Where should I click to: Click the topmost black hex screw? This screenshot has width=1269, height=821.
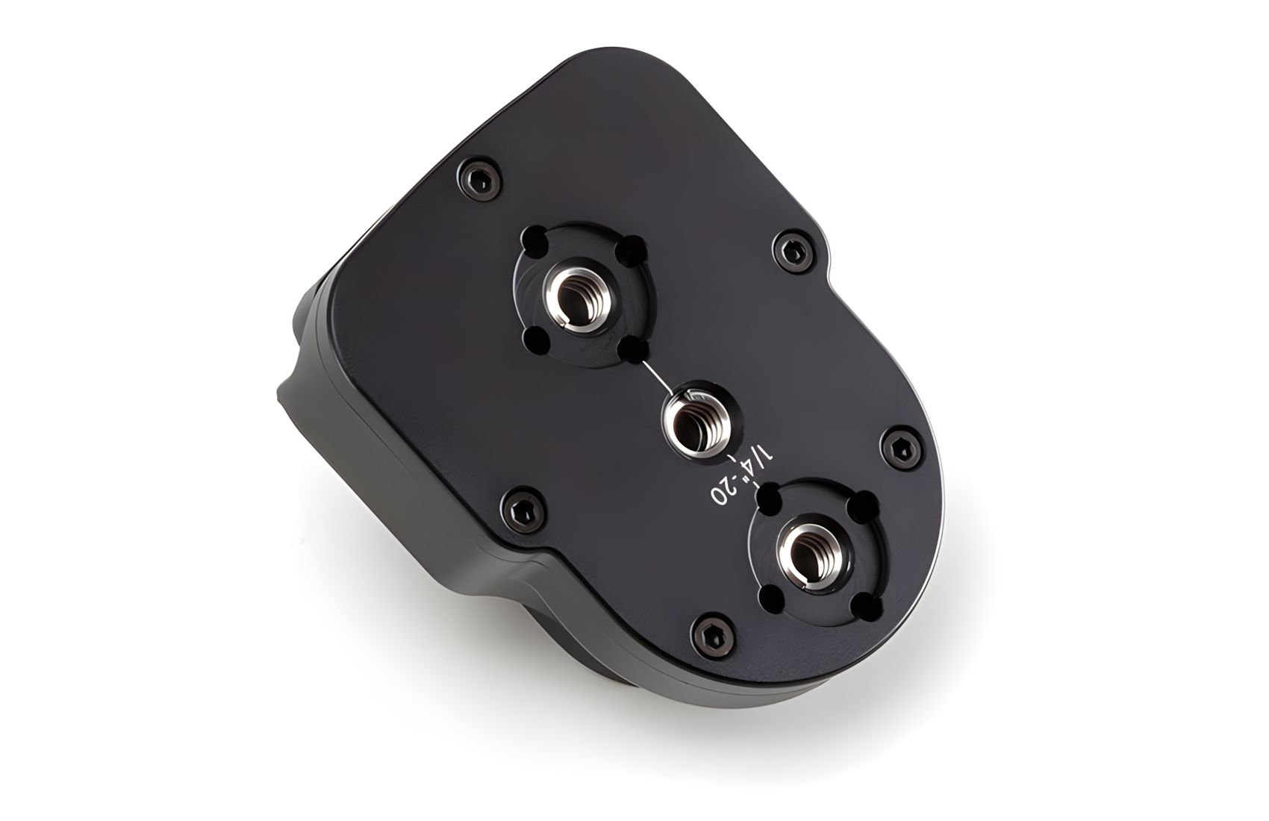(481, 178)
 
